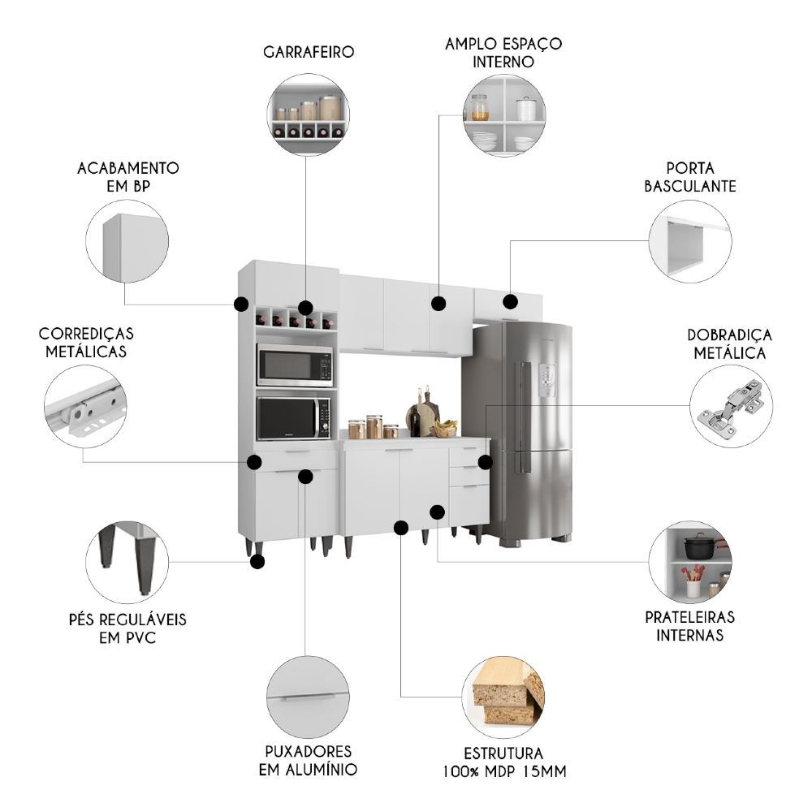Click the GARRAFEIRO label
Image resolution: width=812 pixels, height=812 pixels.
coord(309,53)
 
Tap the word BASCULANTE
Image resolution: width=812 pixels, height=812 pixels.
coord(690,186)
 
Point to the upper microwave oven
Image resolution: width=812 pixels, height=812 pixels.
coord(295,365)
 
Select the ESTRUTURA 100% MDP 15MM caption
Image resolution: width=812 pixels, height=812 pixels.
coord(503,762)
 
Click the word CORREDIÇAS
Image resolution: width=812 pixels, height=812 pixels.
coord(86,334)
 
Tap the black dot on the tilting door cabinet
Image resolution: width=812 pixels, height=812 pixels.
coord(510,302)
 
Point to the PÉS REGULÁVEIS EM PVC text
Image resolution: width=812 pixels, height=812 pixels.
coord(127,628)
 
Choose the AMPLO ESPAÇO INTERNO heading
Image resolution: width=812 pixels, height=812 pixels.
coord(503,52)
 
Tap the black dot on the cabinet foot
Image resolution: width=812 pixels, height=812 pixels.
coord(258,561)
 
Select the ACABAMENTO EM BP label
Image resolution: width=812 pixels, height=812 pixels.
coord(127,177)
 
